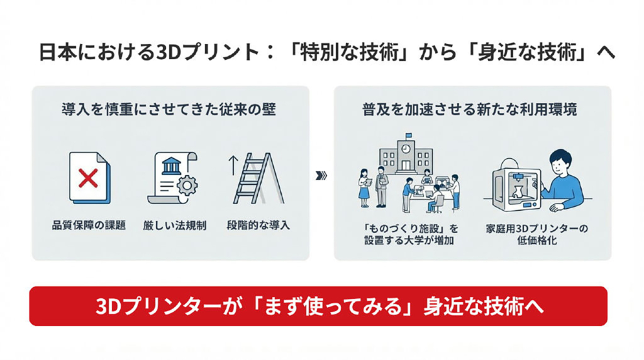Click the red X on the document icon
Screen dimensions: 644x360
pos(88,178)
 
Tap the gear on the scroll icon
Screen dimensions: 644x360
pos(187,186)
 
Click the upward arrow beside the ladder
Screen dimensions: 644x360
pos(233,165)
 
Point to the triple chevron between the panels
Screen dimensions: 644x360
pos(321,176)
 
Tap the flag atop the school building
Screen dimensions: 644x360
pos(409,135)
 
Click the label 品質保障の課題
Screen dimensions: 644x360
pos(89,225)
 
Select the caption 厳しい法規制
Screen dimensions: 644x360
pos(175,225)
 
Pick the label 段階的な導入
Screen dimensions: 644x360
pos(258,225)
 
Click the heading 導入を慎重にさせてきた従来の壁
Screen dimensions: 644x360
pos(169,110)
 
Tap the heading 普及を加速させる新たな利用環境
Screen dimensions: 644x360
pos(469,110)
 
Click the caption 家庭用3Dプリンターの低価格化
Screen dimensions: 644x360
pos(537,235)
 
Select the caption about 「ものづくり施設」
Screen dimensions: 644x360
pos(410,235)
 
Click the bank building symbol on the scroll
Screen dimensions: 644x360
pos(172,165)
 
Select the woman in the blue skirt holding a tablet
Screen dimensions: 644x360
pos(364,188)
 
